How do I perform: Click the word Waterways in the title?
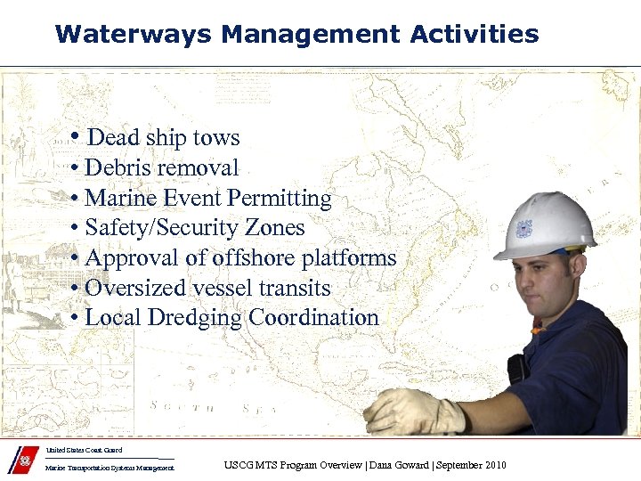tap(133, 35)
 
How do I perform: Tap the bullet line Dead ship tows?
tap(157, 137)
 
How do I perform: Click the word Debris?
tap(117, 167)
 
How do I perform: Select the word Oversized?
tap(131, 289)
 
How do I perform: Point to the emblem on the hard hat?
tap(523, 228)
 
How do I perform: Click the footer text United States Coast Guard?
tap(84, 451)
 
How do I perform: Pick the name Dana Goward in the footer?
tap(402, 465)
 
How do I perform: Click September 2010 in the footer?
tap(472, 465)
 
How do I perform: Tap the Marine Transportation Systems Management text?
tap(110, 468)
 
